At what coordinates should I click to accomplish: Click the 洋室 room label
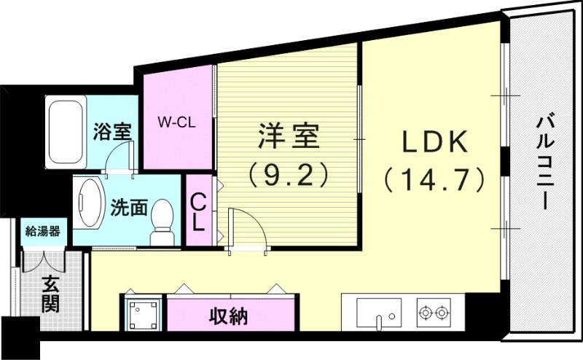point(287,136)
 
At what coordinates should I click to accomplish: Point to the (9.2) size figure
point(287,174)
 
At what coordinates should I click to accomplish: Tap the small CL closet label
point(197,211)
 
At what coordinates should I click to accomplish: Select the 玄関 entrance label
point(50,294)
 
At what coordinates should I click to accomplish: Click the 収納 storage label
point(229,317)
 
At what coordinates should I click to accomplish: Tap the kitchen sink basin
point(377,314)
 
